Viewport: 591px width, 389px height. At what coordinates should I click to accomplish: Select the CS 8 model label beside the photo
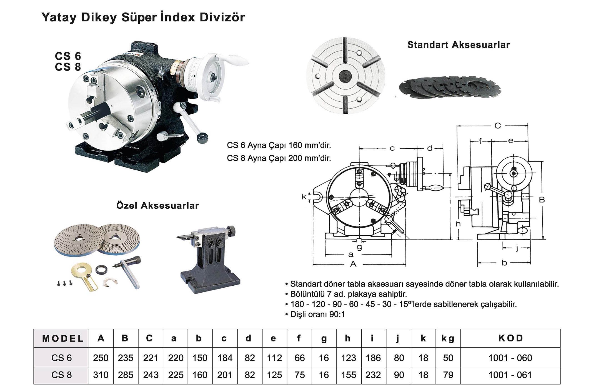68,67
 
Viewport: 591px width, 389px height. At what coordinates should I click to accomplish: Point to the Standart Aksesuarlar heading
458,45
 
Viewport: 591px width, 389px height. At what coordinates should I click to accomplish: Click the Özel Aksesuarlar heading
157,206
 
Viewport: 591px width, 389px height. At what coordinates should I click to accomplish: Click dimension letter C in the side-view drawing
497,126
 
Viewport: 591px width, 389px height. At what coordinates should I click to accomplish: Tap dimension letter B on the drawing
542,200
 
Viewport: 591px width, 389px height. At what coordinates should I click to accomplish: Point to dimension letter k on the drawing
304,197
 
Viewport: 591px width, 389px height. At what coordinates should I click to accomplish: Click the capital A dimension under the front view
353,264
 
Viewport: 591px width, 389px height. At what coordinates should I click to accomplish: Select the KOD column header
510,338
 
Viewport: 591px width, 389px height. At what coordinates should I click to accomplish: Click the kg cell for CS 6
448,358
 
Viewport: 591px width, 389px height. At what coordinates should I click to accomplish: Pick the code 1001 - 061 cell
510,375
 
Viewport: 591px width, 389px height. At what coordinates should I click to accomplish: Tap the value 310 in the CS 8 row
101,375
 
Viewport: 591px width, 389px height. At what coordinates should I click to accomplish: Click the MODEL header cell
62,338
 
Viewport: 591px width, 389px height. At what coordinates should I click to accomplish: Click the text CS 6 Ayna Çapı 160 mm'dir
279,145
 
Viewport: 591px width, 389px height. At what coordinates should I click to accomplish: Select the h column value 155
348,375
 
